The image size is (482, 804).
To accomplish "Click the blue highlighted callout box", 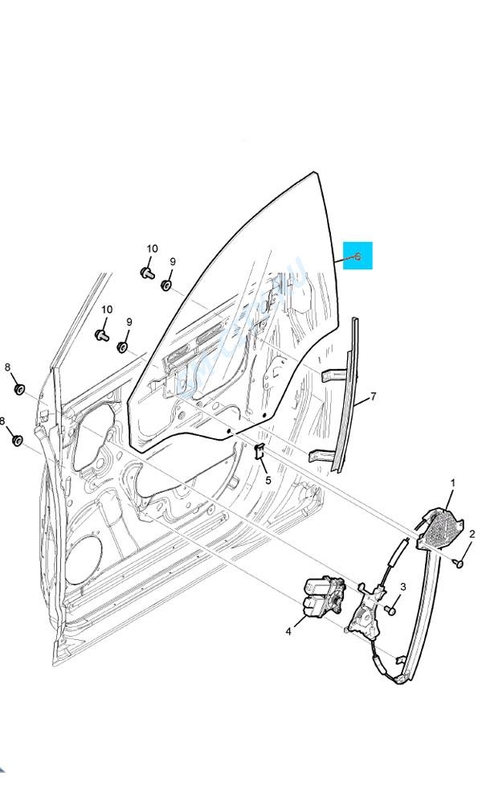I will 357,256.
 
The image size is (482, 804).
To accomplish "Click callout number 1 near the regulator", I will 452,483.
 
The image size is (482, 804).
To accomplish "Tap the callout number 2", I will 472,534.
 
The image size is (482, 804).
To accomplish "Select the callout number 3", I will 403,587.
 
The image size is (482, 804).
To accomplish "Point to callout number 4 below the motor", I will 288,632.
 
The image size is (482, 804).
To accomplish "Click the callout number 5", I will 268,481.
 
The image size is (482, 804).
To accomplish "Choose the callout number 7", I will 373,397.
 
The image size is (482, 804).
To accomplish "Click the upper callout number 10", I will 152,249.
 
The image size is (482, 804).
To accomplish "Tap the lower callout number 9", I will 129,322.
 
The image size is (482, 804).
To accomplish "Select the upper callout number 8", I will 7,367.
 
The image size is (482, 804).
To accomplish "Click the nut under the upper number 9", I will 166,285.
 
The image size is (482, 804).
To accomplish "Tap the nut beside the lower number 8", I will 17,440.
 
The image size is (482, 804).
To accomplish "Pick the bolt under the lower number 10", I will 102,334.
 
